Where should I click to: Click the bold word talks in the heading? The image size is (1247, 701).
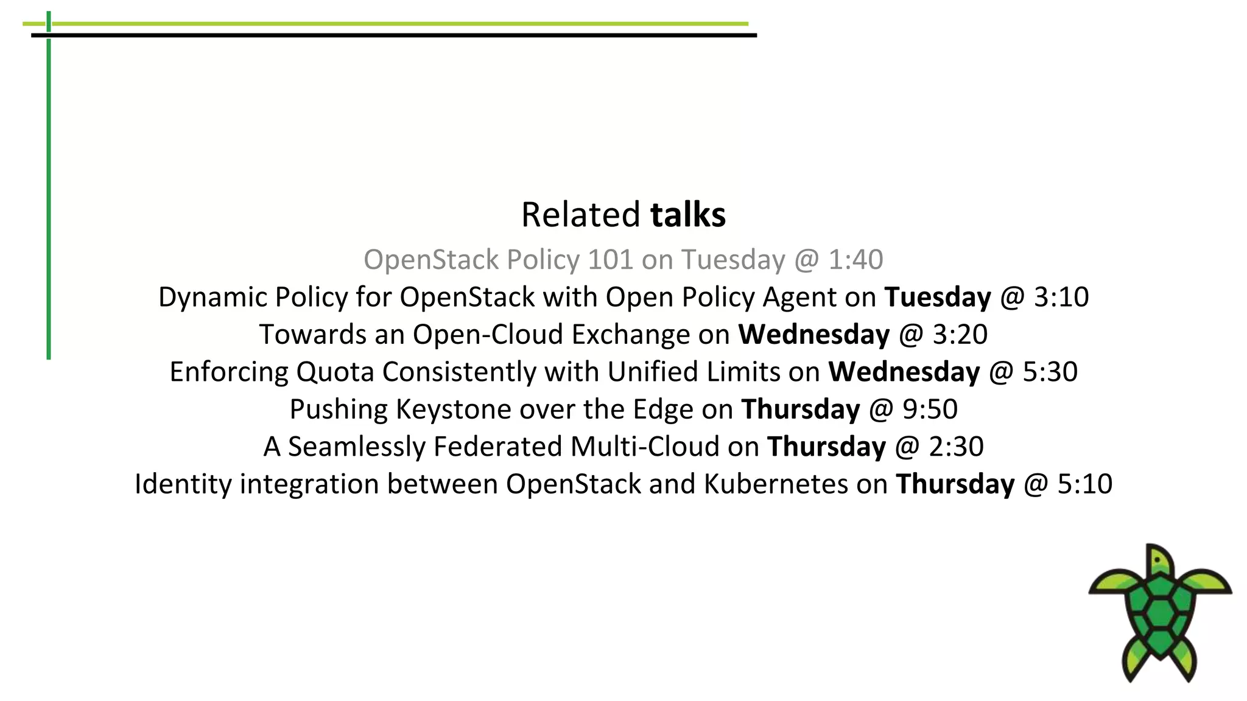pos(688,215)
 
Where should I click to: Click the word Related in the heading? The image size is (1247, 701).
pos(580,215)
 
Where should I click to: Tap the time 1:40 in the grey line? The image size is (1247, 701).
pos(855,260)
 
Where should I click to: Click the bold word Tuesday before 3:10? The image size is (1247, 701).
pos(938,298)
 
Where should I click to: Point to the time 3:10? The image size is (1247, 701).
pos(1061,298)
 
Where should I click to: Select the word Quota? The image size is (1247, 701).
pos(335,372)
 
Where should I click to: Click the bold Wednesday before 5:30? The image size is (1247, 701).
pos(904,372)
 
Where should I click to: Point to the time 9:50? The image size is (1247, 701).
pos(930,410)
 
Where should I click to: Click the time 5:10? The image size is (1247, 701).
pos(1085,484)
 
